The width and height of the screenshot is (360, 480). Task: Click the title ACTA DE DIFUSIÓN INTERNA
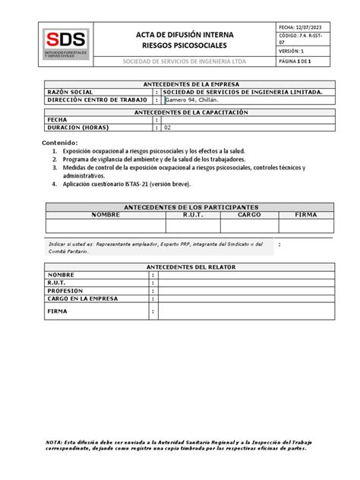185,35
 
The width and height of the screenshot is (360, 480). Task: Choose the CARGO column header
248,215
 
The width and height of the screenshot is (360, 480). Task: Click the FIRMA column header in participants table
306,215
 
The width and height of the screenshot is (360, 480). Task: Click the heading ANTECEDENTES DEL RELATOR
186,266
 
